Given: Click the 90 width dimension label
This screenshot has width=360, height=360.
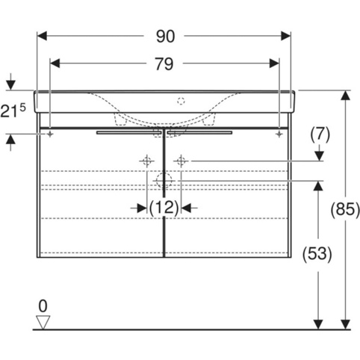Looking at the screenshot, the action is (x=166, y=37).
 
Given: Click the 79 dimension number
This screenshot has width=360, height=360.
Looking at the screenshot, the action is (x=164, y=64).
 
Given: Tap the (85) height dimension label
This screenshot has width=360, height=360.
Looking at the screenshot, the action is (x=345, y=209).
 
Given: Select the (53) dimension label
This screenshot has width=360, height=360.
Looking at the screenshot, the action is (x=317, y=255).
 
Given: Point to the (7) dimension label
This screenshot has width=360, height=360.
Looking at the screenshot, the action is (x=320, y=134).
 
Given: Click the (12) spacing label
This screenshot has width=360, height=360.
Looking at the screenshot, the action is (x=164, y=208).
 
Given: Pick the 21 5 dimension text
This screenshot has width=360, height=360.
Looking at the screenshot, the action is (x=13, y=110).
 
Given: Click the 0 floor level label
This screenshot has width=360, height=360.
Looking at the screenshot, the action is (x=43, y=306).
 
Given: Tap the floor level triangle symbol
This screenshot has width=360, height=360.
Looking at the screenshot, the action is (x=43, y=322).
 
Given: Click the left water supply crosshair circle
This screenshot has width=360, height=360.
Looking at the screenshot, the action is (x=147, y=161).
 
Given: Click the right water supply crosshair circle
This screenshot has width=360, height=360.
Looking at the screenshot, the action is (x=181, y=161).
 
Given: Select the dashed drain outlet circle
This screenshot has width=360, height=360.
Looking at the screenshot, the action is (x=164, y=181).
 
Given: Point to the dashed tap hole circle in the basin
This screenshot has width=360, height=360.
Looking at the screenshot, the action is (x=181, y=102).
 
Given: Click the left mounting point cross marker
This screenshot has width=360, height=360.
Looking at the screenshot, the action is (x=50, y=134).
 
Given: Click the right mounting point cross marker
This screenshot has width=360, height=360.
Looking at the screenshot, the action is (x=279, y=134).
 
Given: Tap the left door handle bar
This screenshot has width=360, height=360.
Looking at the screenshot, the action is (x=128, y=132).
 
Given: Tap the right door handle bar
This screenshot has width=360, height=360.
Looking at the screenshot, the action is (x=200, y=132).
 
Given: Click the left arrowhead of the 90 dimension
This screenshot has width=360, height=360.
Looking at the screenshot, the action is (x=42, y=36).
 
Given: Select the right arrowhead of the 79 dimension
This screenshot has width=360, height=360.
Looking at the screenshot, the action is (x=274, y=63).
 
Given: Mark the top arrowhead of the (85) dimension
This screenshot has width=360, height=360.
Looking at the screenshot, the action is (x=346, y=96).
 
